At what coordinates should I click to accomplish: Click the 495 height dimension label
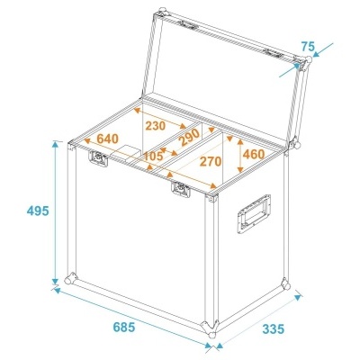tap(38, 211)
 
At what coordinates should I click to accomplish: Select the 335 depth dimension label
tap(273, 329)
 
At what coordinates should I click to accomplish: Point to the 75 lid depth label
tap(308, 47)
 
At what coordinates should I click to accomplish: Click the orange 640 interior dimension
tap(108, 139)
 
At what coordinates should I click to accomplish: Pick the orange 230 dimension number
tap(156, 126)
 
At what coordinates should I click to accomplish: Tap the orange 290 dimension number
tap(189, 138)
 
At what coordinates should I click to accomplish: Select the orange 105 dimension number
tap(153, 156)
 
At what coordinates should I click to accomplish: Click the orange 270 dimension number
tap(211, 161)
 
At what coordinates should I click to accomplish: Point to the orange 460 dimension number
tap(254, 154)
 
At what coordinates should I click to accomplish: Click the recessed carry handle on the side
tap(254, 213)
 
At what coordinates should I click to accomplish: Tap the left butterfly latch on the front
tap(98, 158)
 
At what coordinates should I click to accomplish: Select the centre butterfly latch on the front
tap(181, 190)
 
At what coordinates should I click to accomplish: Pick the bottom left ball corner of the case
tap(71, 278)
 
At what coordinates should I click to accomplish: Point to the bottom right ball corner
tap(285, 283)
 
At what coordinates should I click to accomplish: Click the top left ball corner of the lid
tap(162, 13)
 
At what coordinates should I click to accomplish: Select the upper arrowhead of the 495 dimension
tap(55, 144)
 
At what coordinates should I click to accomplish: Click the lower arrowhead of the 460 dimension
tap(240, 169)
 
